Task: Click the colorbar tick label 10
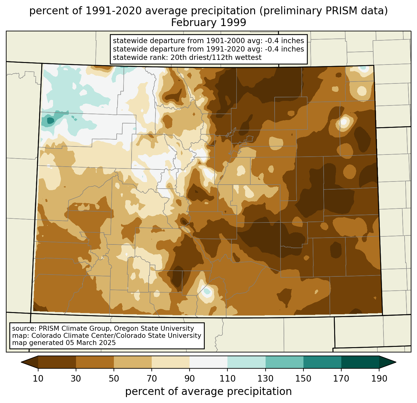(38, 379)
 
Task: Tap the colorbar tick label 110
(227, 379)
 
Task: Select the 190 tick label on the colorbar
(379, 379)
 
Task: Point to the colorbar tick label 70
(152, 379)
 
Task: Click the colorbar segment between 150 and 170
(322, 362)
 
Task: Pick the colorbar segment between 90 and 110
(208, 362)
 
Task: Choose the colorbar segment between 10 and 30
(57, 362)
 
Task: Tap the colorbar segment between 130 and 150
(284, 362)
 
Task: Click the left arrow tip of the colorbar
(21, 362)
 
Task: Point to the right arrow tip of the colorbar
(396, 362)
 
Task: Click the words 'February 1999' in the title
(208, 22)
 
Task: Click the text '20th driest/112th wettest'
(216, 57)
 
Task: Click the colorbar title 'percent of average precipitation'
(208, 392)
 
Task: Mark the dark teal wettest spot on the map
(51, 121)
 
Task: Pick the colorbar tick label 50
(114, 379)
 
